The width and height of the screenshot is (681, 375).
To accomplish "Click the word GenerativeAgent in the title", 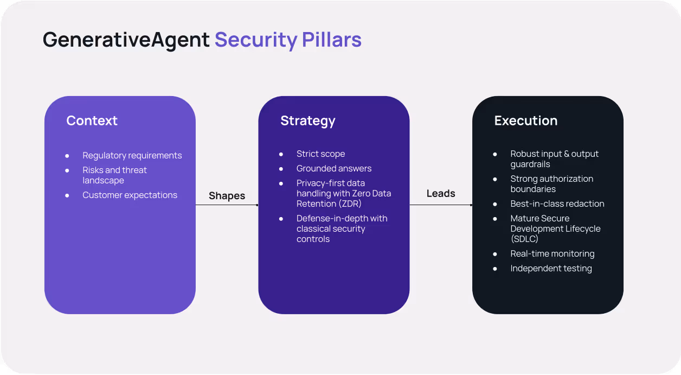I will [126, 40].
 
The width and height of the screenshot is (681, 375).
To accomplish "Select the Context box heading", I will [92, 120].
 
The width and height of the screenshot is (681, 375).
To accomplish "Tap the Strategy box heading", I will [307, 120].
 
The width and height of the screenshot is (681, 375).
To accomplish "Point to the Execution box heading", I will [525, 120].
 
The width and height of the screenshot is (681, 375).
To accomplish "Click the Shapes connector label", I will [227, 196].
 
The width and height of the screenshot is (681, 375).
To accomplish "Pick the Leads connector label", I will [441, 193].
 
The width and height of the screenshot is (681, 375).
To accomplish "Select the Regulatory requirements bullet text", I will [132, 155].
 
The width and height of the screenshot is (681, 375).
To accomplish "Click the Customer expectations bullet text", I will [130, 195].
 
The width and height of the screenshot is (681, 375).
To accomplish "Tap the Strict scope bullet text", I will [320, 154].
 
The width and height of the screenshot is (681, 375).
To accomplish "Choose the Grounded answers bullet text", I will [333, 168].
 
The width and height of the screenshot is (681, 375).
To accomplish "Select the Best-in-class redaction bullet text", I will [557, 204].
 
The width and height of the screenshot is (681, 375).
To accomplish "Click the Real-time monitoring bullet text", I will [552, 253].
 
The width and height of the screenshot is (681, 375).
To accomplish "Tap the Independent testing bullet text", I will [551, 268].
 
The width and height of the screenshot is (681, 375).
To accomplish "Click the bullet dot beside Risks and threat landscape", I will [67, 170].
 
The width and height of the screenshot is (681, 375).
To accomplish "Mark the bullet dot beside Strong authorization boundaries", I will [495, 179].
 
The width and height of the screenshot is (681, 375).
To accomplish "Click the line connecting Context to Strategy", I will [227, 205].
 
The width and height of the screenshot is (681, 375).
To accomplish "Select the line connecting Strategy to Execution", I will [441, 205].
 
